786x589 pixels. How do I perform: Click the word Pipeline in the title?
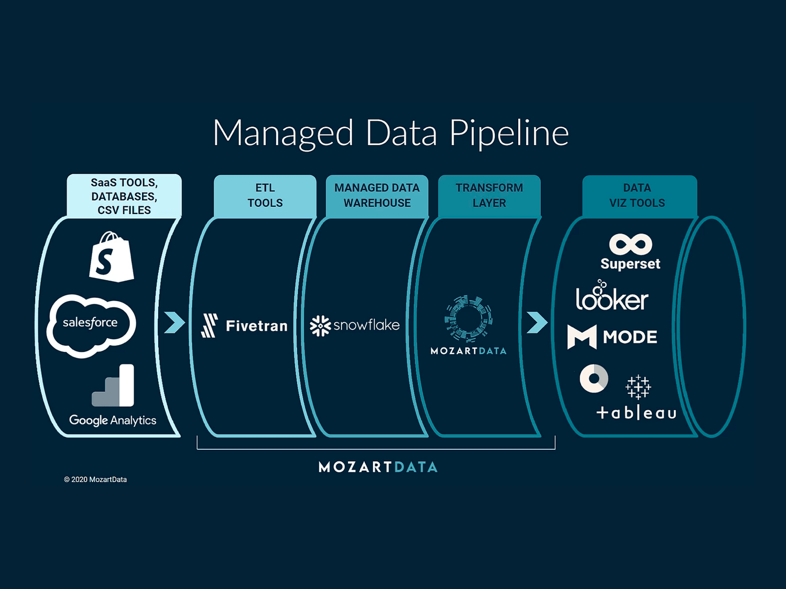(508, 134)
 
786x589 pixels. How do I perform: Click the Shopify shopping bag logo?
(111, 258)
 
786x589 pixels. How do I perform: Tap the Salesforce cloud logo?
(91, 325)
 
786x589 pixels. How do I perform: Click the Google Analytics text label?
(113, 420)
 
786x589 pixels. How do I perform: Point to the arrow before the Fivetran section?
(174, 323)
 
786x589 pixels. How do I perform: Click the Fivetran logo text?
(256, 326)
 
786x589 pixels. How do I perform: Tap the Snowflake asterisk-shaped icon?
(320, 326)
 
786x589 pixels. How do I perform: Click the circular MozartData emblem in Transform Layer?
(468, 318)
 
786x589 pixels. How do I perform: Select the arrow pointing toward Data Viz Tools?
(537, 323)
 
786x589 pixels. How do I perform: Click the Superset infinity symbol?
(630, 245)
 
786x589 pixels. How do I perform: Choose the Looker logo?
(612, 297)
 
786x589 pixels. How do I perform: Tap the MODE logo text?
(629, 337)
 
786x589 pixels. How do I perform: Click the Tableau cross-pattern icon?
(638, 387)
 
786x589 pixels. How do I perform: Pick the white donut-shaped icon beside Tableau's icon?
(594, 379)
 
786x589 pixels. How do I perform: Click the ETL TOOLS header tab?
(265, 196)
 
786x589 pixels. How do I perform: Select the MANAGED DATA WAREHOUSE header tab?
(377, 196)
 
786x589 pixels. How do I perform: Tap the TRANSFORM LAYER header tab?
(489, 196)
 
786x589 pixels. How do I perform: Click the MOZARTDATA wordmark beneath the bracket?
(378, 467)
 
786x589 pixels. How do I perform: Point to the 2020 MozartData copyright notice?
(95, 480)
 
